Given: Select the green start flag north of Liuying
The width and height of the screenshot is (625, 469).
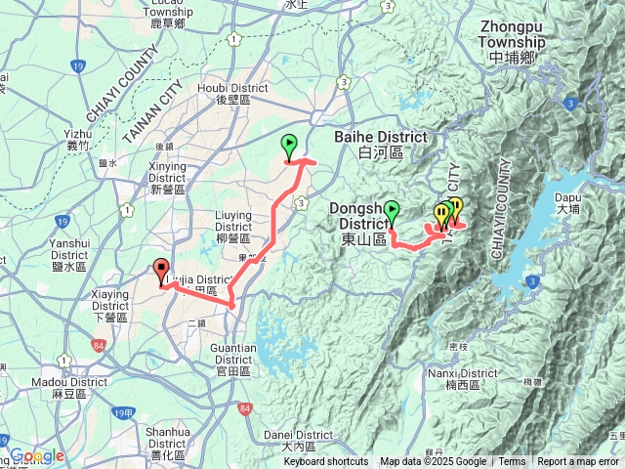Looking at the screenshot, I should [289, 147].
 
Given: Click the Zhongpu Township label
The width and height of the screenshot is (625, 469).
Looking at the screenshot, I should [512, 43].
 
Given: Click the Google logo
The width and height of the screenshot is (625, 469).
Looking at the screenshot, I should [37, 455].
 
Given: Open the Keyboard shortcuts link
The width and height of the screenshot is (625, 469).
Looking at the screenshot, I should [326, 462].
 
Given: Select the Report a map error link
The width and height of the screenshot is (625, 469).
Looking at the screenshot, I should [577, 462].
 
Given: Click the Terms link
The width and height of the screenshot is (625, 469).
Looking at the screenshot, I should [512, 462].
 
